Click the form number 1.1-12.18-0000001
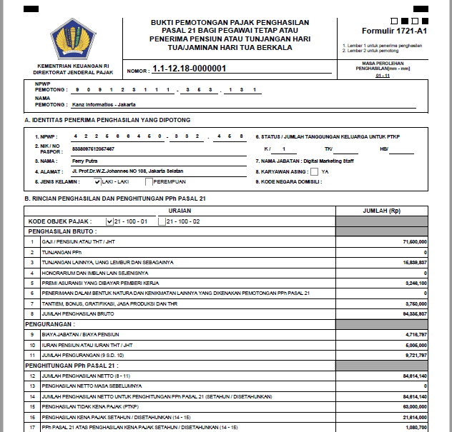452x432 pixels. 190,69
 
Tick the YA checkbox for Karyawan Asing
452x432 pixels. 315,171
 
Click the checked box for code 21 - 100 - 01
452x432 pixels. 109,221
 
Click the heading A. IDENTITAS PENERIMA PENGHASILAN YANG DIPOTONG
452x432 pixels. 107,120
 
